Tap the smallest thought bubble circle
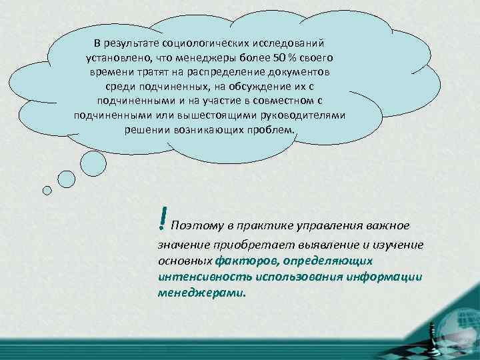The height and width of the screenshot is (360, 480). coord(47,190)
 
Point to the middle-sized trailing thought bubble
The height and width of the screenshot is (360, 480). coord(67,179)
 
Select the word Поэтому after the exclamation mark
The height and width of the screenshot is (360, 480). coord(193,225)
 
